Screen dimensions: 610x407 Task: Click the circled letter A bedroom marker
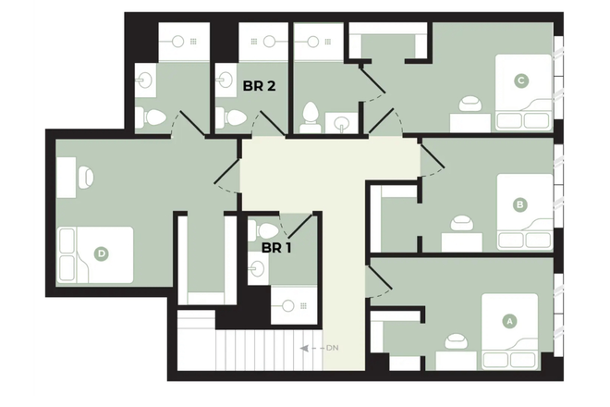pos(509,321)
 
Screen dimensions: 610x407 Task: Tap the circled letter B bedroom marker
pos(519,204)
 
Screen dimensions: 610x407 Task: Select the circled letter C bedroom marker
pos(521,81)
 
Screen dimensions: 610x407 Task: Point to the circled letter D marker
pos(102,254)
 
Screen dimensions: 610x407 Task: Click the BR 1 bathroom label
pos(276,248)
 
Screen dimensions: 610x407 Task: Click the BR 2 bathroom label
pos(259,86)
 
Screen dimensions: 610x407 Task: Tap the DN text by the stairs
pos(332,348)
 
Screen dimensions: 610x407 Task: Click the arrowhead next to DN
pos(305,348)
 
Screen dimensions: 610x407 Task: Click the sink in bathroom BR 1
pos(257,268)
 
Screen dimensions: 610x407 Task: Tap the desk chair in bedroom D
pos(86,178)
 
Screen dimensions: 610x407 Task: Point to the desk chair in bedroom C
pos(470,105)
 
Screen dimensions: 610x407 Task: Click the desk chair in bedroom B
pos(462,224)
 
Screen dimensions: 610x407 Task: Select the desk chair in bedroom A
pos(457,341)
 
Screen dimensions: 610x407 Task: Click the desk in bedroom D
pos(67,178)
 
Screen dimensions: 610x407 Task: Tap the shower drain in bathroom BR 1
pos(303,306)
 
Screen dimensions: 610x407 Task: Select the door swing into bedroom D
pos(227,176)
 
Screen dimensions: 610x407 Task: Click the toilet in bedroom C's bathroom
pos(311,117)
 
